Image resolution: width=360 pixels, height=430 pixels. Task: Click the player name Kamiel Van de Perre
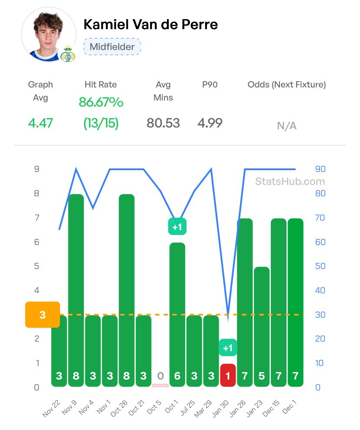[150, 24]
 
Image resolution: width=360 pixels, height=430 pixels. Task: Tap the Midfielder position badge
[112, 47]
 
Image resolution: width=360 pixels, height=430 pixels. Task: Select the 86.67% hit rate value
[101, 102]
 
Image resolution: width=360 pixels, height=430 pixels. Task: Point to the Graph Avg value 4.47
[40, 123]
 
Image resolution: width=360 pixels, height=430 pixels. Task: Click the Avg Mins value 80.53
[163, 123]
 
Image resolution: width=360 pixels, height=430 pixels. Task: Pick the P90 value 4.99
[210, 123]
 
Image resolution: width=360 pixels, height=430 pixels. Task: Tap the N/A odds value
[287, 126]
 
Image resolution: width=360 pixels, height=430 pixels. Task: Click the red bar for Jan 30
[228, 375]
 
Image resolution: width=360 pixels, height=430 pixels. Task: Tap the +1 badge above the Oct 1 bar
[177, 226]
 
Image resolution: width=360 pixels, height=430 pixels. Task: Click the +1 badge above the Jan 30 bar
[228, 348]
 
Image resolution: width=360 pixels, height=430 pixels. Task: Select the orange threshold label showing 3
[43, 314]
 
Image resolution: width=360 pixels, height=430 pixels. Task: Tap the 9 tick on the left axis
[37, 169]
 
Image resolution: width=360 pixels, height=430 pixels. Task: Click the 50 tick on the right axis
[320, 266]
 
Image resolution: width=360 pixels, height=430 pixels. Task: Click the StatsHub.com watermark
[290, 181]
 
